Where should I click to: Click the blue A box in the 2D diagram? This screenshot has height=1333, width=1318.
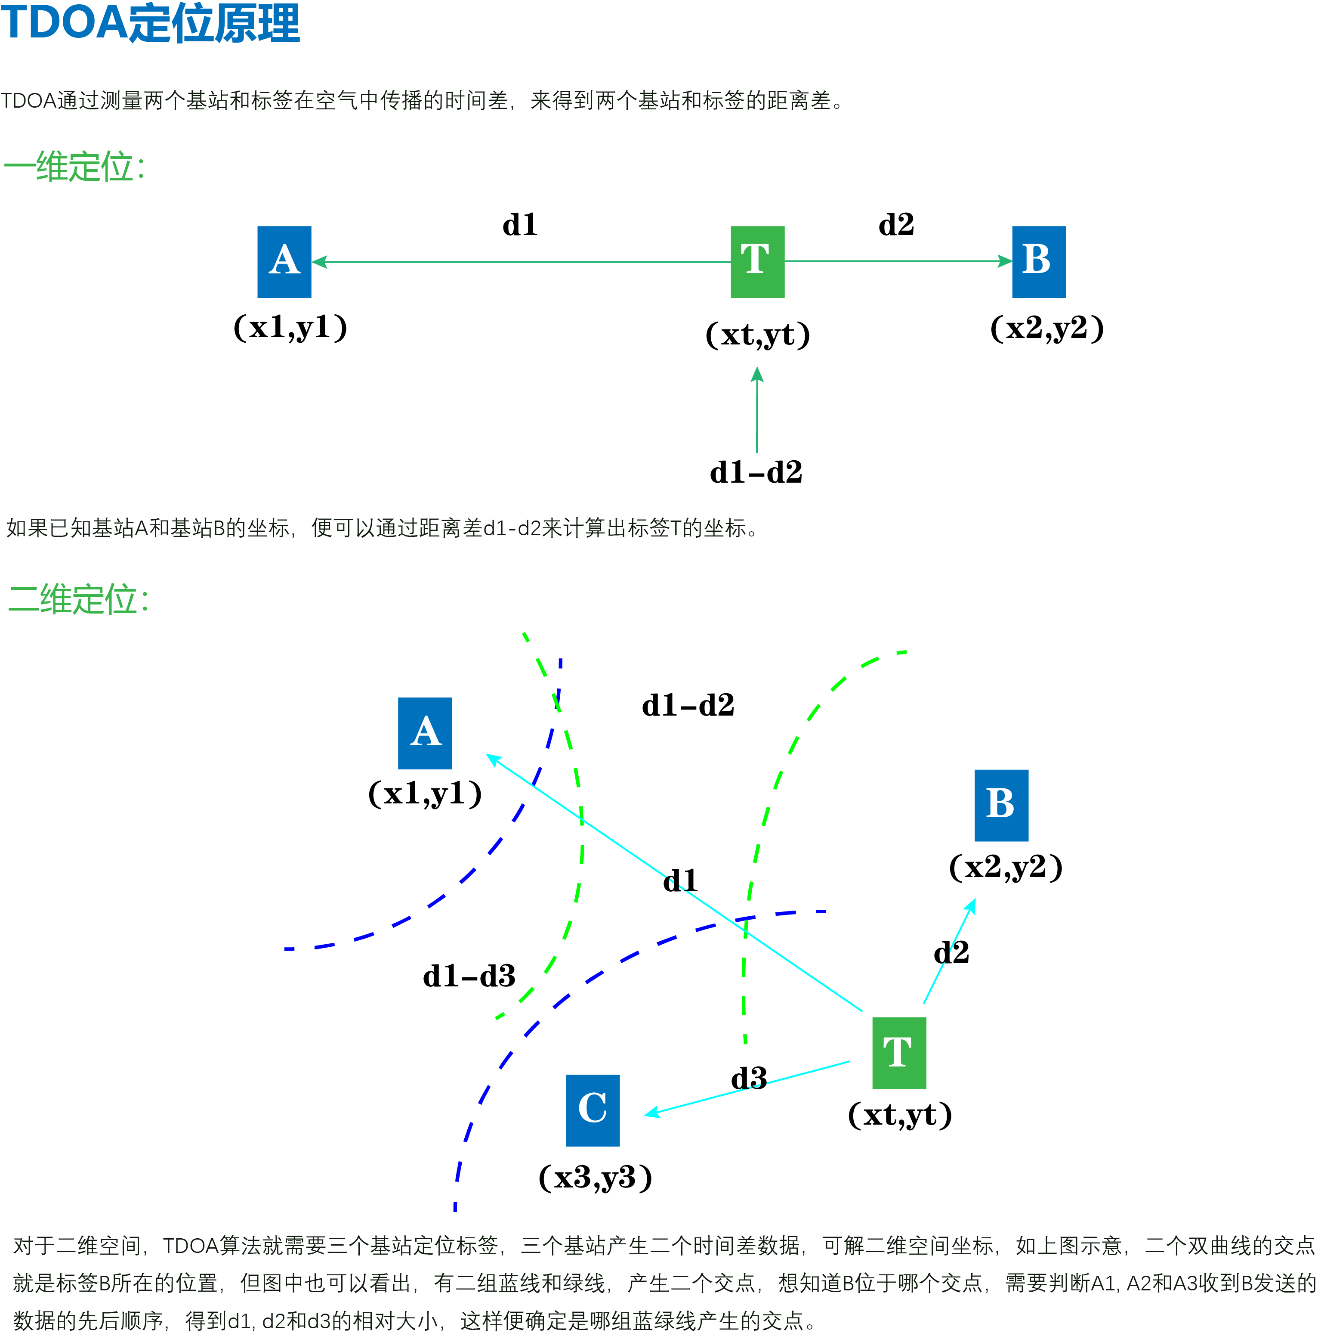pos(425,733)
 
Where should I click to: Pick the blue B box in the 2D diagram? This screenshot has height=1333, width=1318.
pos(1001,805)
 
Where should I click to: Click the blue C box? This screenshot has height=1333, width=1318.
pos(593,1110)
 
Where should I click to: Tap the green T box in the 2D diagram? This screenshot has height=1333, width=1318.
pos(898,1053)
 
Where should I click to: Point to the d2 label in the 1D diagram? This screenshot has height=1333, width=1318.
pos(896,225)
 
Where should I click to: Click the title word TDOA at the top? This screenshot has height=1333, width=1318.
pos(63,23)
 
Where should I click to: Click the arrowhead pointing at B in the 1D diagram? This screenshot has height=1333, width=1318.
pos(1005,261)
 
